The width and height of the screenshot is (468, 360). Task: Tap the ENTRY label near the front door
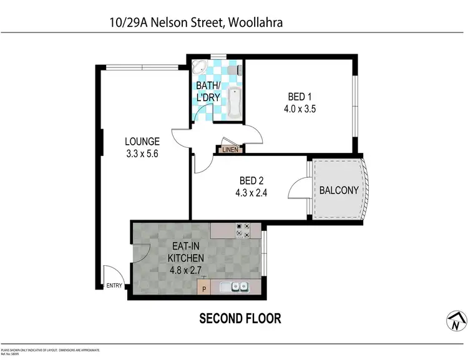115,286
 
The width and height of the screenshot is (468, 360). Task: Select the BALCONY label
339,190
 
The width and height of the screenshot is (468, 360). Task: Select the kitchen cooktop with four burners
243,230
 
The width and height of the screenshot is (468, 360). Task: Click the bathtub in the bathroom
235,104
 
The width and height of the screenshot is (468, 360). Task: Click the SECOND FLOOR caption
240,318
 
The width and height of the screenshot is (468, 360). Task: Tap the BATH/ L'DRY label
208,91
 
